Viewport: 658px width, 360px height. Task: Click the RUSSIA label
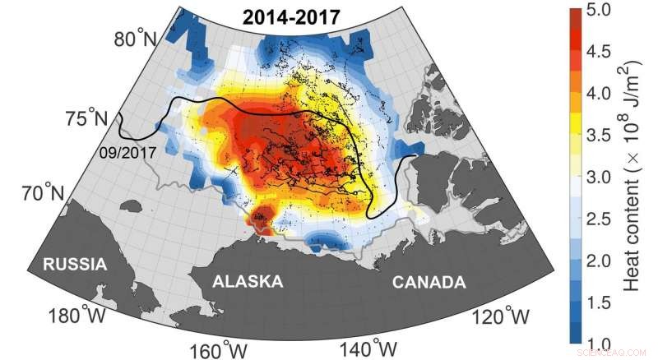(x=75, y=265)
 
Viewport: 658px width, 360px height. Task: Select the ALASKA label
(x=248, y=282)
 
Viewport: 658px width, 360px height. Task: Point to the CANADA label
(x=428, y=282)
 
